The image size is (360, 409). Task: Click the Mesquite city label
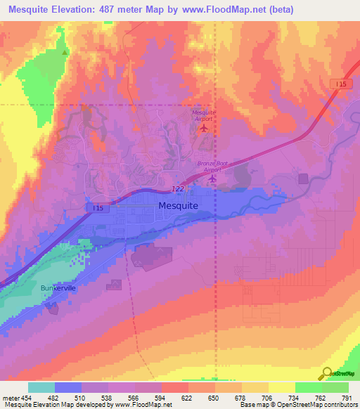(179, 206)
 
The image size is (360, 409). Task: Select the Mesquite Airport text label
(204, 116)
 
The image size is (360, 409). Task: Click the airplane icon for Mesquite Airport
(205, 128)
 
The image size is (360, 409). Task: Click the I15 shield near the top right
(340, 84)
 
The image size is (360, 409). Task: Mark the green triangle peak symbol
(65, 52)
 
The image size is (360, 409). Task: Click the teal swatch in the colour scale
(41, 388)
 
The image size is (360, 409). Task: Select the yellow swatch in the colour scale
(281, 388)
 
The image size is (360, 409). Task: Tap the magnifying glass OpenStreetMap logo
(328, 374)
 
